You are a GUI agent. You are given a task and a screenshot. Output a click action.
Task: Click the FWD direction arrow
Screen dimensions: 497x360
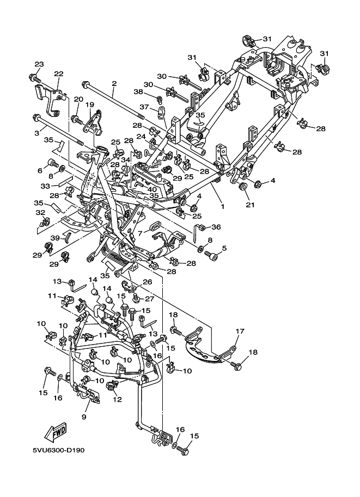click(56, 432)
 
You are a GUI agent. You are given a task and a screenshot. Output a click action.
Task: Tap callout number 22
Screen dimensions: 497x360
click(58, 74)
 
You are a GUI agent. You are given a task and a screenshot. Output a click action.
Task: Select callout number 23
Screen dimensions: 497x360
click(39, 64)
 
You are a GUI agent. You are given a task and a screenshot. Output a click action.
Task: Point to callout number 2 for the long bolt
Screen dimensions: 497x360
click(114, 84)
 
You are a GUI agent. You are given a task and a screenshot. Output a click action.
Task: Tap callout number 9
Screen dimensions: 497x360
click(84, 417)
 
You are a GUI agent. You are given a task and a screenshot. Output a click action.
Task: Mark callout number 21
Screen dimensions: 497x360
click(250, 205)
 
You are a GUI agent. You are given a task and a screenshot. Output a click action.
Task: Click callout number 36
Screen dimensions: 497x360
click(217, 228)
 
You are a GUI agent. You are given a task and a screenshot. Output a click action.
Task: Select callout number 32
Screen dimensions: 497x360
click(40, 212)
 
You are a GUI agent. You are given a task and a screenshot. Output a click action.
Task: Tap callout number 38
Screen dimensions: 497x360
click(138, 92)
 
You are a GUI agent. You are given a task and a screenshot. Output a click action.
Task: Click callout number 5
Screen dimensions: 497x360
click(224, 248)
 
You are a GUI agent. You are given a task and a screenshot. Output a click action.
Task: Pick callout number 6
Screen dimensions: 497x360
click(39, 171)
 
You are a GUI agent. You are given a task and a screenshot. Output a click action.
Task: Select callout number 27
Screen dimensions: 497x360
click(149, 298)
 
